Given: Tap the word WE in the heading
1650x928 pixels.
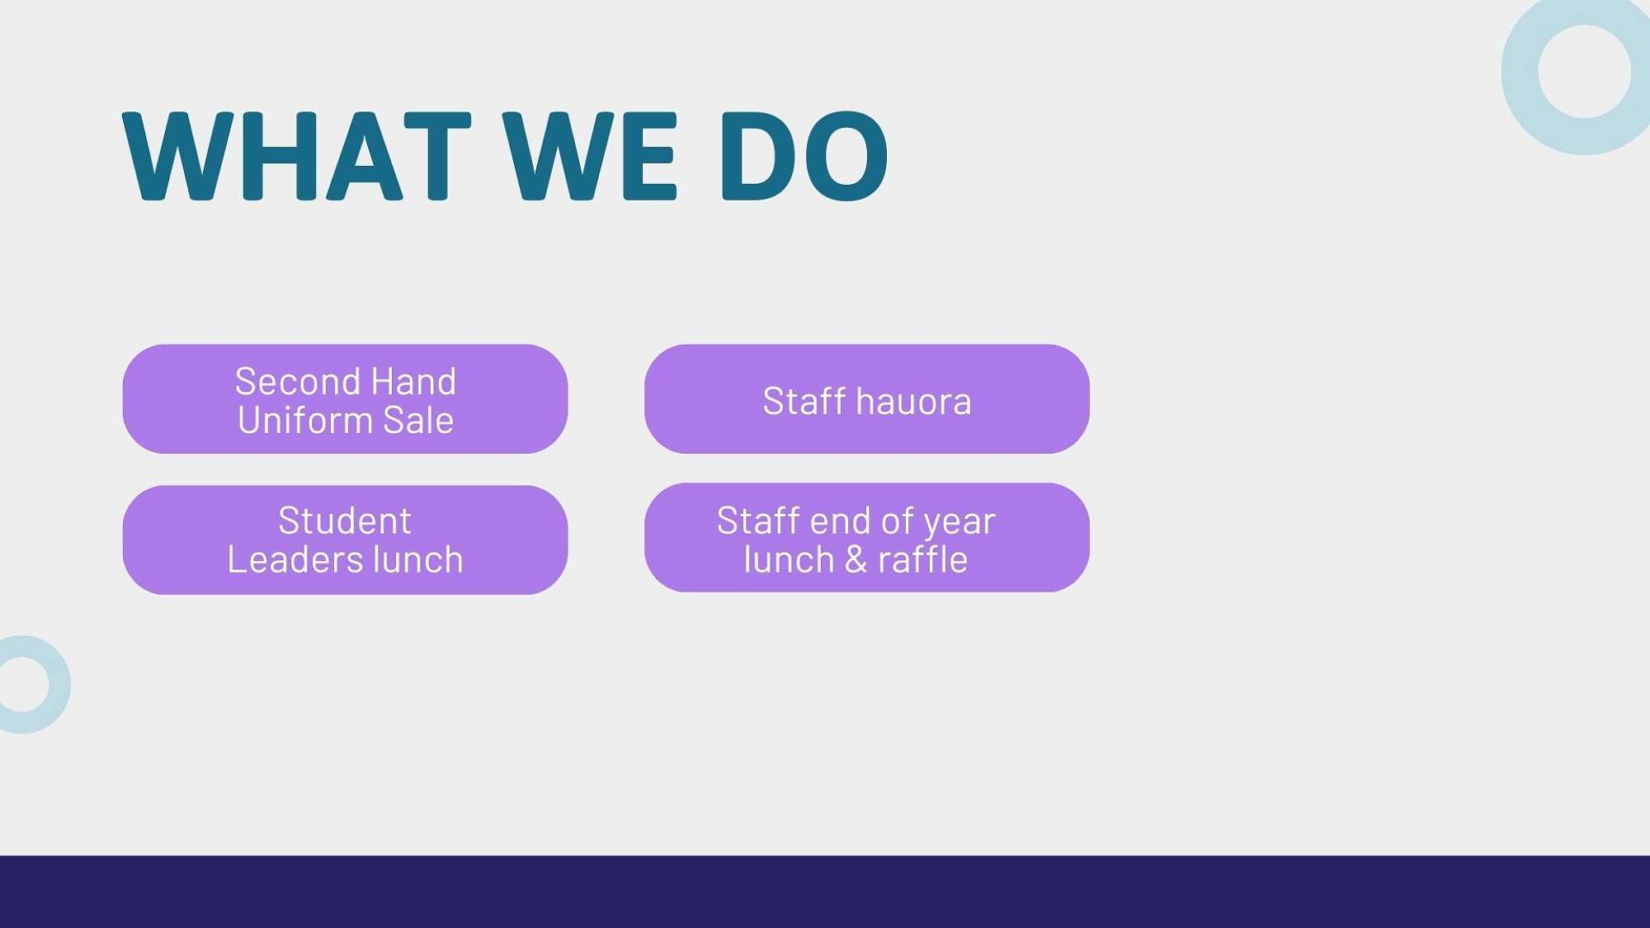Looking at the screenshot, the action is click(x=590, y=157).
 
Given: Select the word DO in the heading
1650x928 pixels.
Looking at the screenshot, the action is click(x=804, y=157).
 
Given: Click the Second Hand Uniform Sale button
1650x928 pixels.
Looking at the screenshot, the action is click(x=345, y=399).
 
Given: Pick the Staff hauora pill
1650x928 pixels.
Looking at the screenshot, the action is click(x=867, y=399).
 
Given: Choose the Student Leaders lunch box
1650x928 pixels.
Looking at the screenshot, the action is click(x=345, y=540).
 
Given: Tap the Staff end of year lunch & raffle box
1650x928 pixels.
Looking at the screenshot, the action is click(x=867, y=538).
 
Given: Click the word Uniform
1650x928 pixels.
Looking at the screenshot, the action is click(x=305, y=420).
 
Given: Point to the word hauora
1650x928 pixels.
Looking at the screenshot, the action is click(x=913, y=402).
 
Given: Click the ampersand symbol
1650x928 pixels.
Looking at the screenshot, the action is click(x=856, y=559).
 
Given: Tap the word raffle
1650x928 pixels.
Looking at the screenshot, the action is click(x=922, y=559).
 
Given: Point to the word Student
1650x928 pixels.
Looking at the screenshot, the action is click(x=345, y=521).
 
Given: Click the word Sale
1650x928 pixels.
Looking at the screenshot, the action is click(x=418, y=420).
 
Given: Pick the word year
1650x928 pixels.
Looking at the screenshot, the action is click(x=959, y=523).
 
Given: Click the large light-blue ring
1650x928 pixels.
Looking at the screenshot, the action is click(x=1520, y=73).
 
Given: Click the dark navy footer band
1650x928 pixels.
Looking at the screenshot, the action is click(x=825, y=892).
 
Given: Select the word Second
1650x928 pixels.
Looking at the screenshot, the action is click(x=299, y=382).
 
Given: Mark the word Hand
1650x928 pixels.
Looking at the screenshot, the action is click(x=413, y=382).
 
